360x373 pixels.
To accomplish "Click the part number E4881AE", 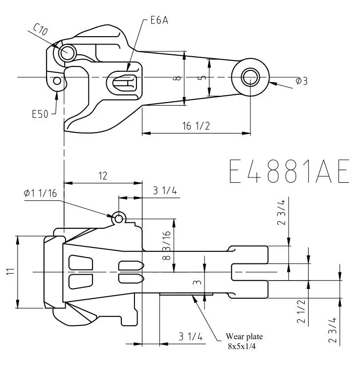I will pyautogui.click(x=289, y=170).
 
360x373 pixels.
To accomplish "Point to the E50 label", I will pyautogui.click(x=40, y=114).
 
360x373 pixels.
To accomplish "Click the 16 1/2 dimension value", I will pyautogui.click(x=196, y=126).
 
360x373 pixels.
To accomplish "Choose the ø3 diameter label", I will pyautogui.click(x=301, y=81).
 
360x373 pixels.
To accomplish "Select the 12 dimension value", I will pyautogui.click(x=103, y=176).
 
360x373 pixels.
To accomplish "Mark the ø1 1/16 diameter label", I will pyautogui.click(x=40, y=193).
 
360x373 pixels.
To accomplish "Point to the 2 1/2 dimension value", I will pyautogui.click(x=302, y=312).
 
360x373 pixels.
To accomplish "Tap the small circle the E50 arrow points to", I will pyautogui.click(x=57, y=80).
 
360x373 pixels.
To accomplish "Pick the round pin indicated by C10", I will pyautogui.click(x=67, y=51).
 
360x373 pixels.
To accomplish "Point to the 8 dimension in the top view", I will pyautogui.click(x=179, y=78).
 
